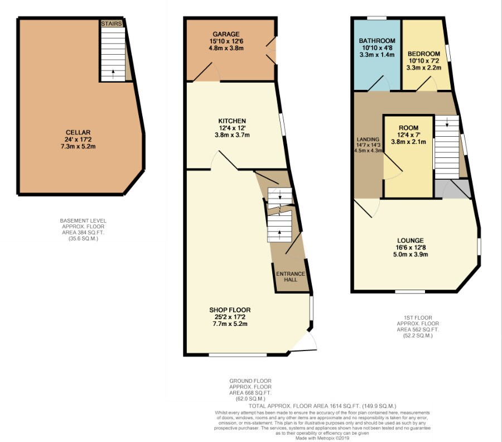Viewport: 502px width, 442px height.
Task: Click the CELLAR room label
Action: [x=76, y=132]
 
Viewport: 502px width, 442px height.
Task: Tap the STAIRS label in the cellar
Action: [x=112, y=24]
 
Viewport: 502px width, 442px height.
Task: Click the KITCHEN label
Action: [x=233, y=121]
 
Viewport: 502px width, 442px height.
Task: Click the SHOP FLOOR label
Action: [x=230, y=310]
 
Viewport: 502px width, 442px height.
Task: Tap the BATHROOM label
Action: [x=377, y=41]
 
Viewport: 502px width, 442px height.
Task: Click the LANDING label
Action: [x=368, y=140]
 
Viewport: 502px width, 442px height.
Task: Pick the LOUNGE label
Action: [x=411, y=241]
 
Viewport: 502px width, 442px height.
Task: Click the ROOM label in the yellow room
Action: [x=408, y=127]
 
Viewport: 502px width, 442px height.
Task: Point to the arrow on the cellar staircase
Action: [x=113, y=72]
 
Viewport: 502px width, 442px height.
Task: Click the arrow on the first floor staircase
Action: [x=446, y=124]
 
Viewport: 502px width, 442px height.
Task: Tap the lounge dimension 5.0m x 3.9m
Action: [x=411, y=254]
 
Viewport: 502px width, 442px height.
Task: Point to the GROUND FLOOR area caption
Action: [x=250, y=391]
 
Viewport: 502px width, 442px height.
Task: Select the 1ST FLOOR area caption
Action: [x=418, y=327]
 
